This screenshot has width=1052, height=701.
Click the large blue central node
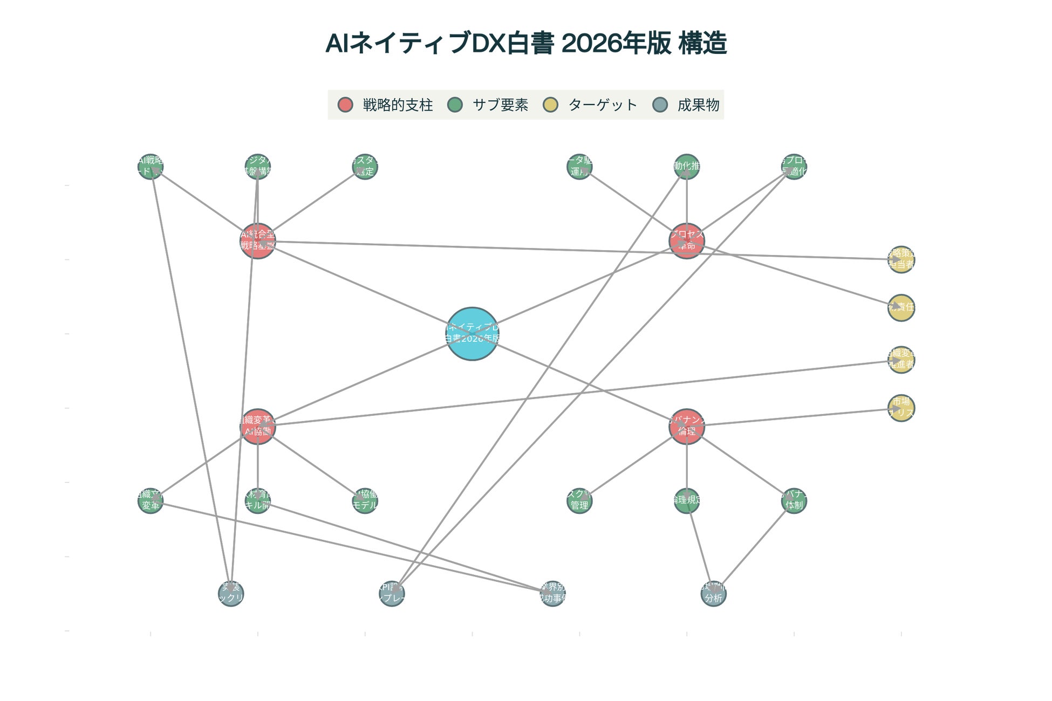point(472,334)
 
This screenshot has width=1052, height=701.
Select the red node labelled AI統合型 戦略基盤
point(258,241)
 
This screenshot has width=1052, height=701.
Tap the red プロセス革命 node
point(686,241)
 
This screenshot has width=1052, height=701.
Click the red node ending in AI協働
point(258,427)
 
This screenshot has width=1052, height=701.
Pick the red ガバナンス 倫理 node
point(686,427)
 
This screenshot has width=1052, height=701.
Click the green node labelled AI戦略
point(151,167)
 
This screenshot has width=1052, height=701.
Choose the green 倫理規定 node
point(686,501)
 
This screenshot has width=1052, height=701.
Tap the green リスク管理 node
point(579,501)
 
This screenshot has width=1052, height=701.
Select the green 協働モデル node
point(365,501)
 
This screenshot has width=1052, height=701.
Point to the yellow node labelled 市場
point(901,408)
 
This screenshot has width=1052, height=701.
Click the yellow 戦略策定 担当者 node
point(901,259)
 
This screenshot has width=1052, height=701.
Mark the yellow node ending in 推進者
point(901,360)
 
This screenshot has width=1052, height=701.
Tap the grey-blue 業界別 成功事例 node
point(552,593)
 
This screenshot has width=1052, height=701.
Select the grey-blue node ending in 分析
point(713,593)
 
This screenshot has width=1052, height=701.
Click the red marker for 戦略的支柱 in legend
point(345,105)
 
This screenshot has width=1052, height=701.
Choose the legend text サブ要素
point(500,105)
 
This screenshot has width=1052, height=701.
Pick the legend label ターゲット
point(603,105)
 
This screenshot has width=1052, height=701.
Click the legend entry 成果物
point(698,105)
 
